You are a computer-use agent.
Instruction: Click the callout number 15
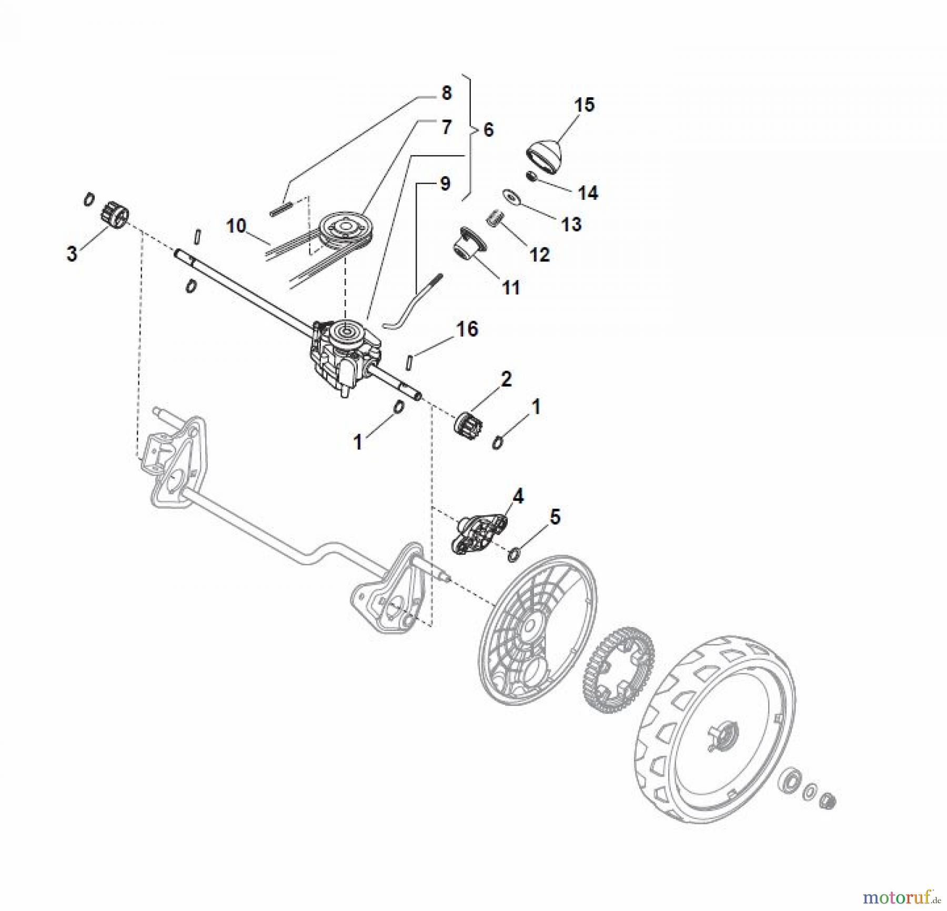584,104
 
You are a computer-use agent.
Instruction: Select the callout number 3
72,254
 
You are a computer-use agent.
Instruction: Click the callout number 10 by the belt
236,226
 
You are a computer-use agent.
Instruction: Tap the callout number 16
467,329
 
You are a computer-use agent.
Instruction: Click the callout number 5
555,517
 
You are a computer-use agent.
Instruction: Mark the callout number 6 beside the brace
488,129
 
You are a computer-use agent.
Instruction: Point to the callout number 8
446,93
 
